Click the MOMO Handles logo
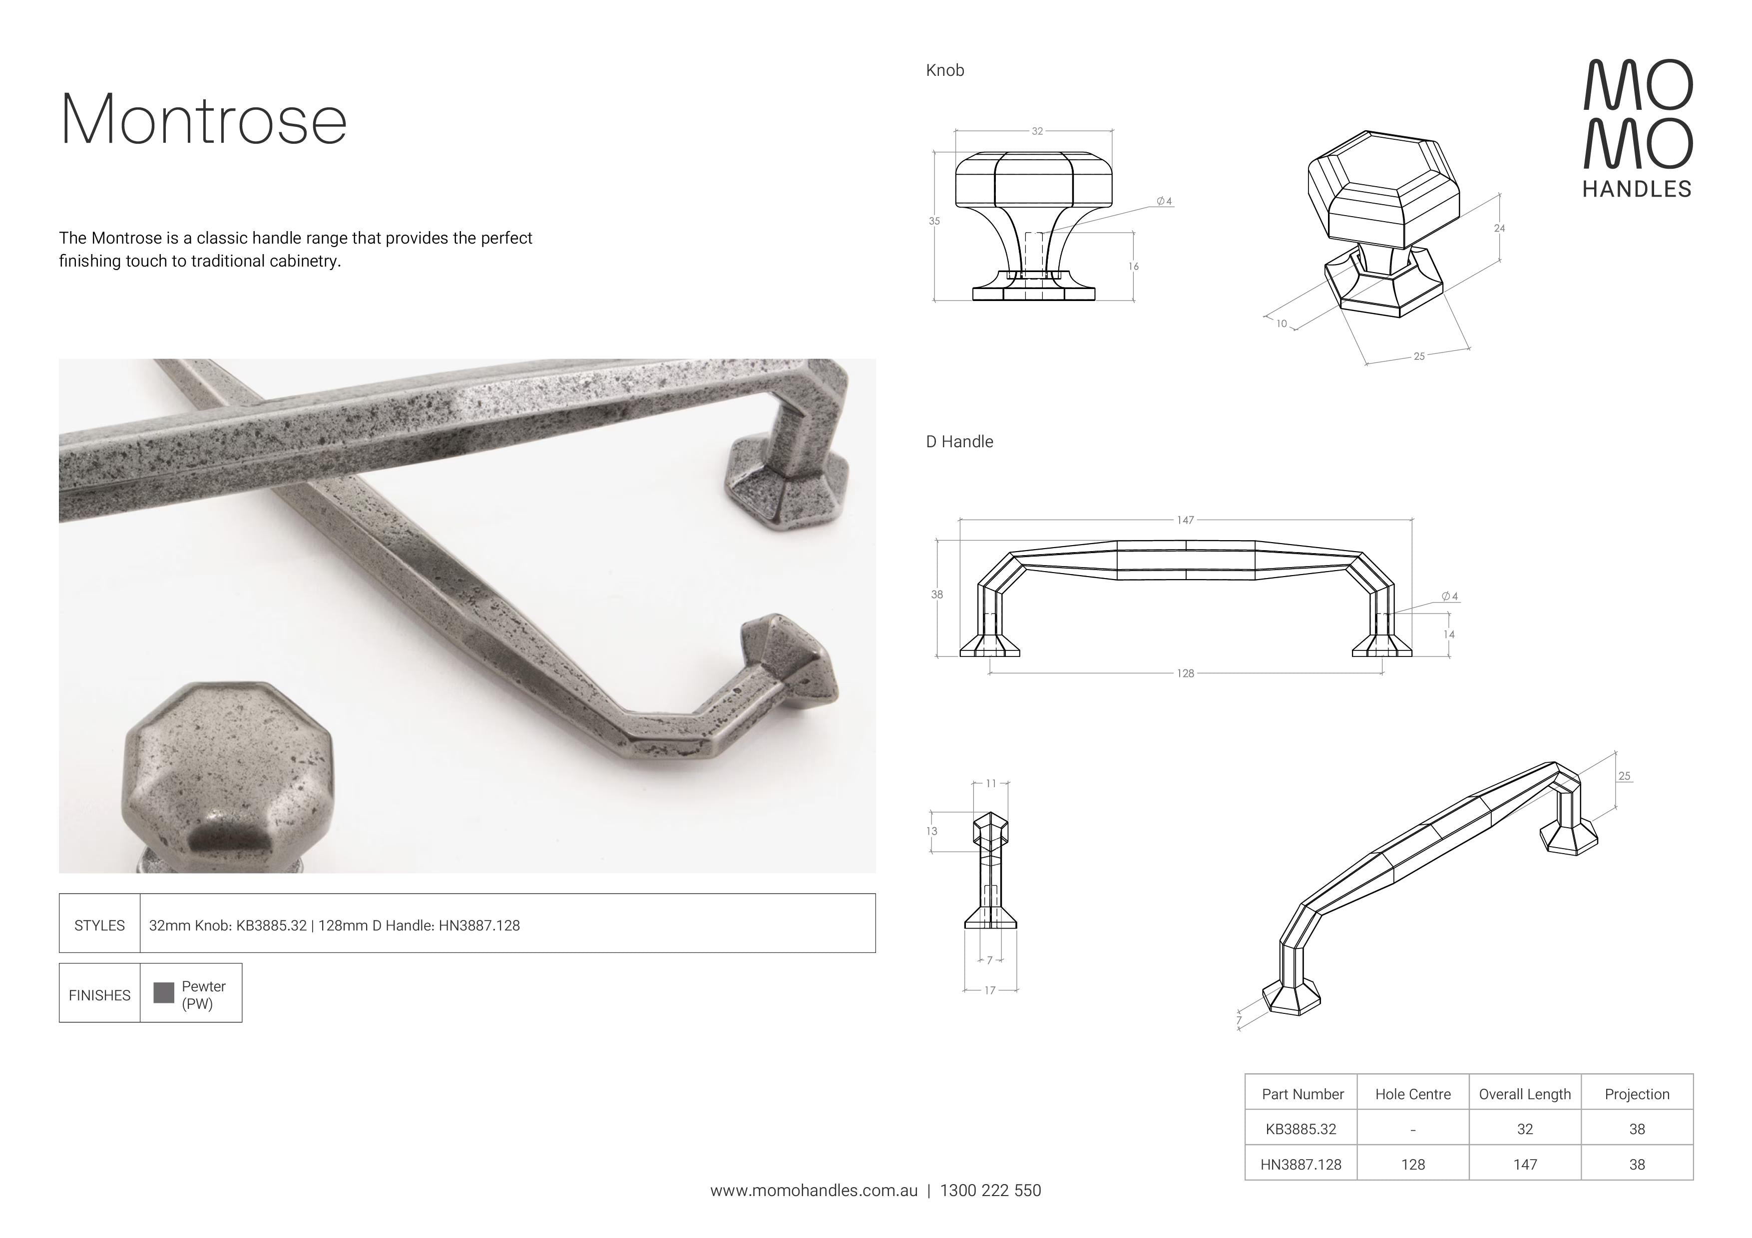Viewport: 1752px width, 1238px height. (1638, 128)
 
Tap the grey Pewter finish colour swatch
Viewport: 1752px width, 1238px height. (164, 992)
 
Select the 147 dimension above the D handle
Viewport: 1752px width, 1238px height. (1185, 520)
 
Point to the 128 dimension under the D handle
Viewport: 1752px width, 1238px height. (1185, 673)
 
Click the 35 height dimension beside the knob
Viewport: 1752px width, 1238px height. (934, 221)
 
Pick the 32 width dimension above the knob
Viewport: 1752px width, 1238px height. (1037, 131)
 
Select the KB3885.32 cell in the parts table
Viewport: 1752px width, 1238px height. (1301, 1129)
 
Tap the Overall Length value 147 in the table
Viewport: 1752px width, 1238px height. (1525, 1165)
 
